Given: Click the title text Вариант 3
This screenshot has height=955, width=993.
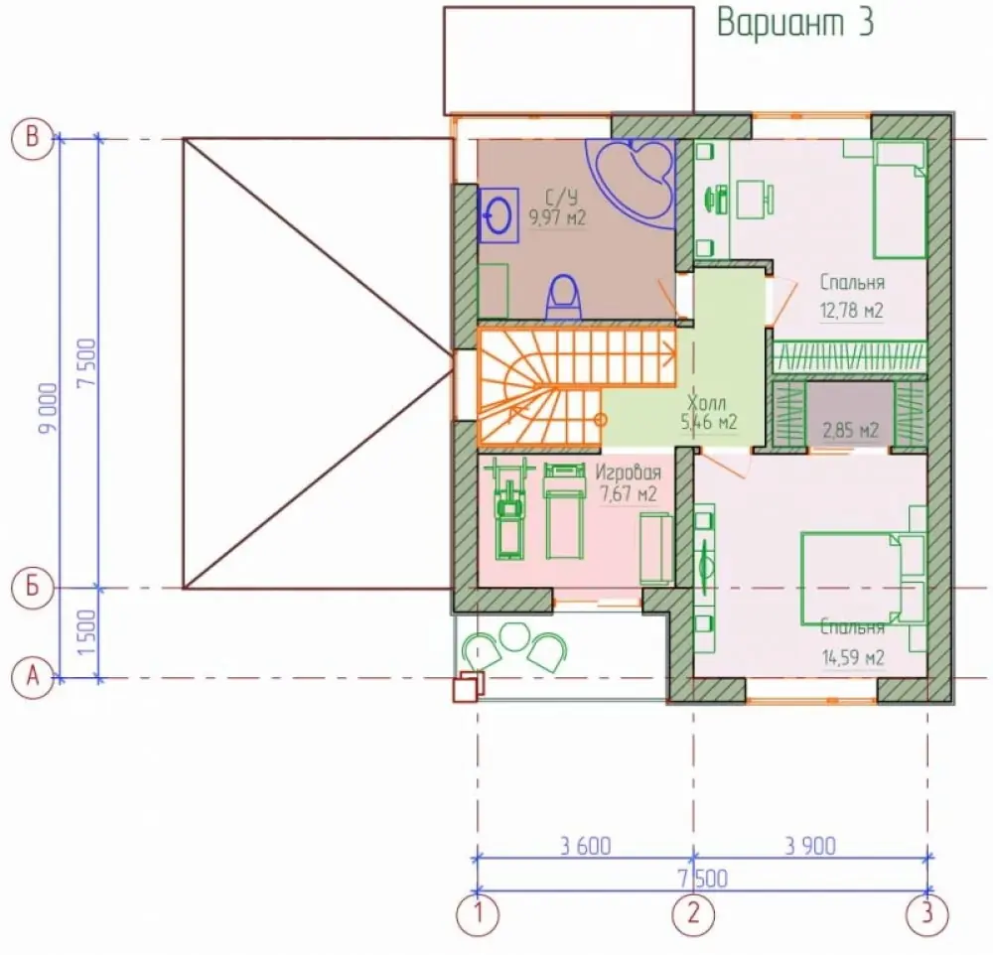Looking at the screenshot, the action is coord(795,23).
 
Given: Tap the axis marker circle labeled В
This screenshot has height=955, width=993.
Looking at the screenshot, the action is coord(33,137).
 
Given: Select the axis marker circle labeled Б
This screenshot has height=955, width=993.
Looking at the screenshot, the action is coord(33,587).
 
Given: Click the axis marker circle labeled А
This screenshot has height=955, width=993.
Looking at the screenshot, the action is coord(33,677).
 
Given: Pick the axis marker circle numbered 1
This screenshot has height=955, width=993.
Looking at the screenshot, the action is coord(478,914).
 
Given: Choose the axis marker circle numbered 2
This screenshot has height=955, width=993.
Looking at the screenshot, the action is coord(693,914).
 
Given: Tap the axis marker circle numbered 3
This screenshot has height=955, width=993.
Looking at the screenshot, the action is coord(927,914).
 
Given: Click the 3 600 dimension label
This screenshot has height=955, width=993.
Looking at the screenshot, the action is coord(585,846).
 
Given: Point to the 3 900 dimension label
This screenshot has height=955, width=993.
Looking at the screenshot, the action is coord(810,846).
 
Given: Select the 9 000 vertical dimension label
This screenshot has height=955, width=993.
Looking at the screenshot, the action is coord(50,408).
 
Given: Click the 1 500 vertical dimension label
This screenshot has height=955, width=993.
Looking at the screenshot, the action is coord(87,632).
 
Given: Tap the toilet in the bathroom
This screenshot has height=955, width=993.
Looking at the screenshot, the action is coord(562,297).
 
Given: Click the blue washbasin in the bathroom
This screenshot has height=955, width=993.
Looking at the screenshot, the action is coord(498,215).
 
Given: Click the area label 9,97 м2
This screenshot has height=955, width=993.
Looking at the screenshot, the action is coord(558,217).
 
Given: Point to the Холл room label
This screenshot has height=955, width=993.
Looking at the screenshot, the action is coord(706,403).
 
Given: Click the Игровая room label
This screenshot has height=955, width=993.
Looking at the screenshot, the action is coord(629,473).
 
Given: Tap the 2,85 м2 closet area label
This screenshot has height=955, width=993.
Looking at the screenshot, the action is coord(851,431).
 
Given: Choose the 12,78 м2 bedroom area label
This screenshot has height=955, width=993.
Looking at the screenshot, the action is coord(851,311).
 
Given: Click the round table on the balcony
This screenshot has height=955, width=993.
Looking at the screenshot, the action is coord(513,635).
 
